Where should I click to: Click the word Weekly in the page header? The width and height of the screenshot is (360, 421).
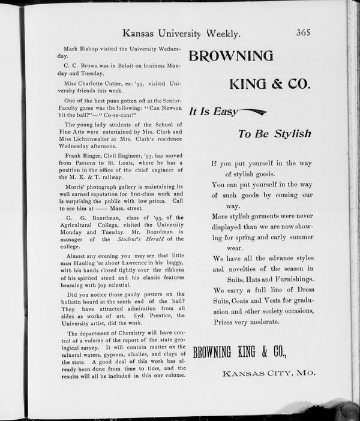[216, 34]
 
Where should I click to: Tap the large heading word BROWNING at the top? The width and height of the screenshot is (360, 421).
[231, 56]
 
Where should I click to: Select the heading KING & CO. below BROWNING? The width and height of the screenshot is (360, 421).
[269, 85]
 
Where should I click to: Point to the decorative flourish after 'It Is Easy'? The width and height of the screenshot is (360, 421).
[252, 111]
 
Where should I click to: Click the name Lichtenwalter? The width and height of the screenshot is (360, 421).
[95, 138]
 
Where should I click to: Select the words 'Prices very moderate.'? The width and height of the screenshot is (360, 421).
[245, 322]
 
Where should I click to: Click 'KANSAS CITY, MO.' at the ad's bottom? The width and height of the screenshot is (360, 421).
[269, 374]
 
